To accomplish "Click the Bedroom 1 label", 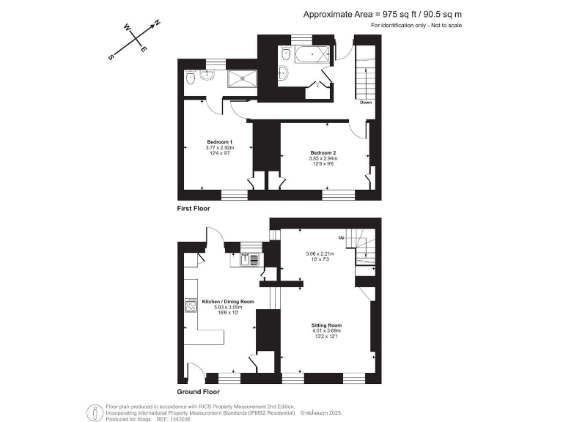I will pos(219,141).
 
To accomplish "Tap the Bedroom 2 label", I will pos(322,152).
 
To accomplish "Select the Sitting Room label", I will pos(327,325).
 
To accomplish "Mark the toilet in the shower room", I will pos(190,78).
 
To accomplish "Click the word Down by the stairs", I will pos(366,103).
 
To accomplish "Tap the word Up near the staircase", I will pos(341,239).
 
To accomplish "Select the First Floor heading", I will pos(194,209).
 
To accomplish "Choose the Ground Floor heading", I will pos(197,392).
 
